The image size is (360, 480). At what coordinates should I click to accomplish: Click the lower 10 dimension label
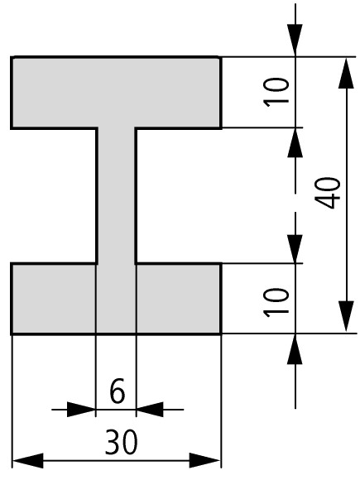(x=276, y=302)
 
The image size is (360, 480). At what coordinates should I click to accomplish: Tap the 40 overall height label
(x=328, y=193)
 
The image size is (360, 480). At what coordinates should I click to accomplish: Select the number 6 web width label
(x=118, y=391)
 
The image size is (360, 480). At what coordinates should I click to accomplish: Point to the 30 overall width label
(x=121, y=442)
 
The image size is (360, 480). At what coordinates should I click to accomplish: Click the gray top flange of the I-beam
(x=116, y=93)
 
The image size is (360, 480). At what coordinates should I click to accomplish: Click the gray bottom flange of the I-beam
(x=116, y=299)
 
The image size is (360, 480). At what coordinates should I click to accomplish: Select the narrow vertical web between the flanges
(x=117, y=195)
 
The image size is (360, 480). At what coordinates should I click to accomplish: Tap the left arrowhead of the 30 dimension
(x=28, y=460)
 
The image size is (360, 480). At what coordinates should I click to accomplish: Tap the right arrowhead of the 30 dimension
(x=204, y=460)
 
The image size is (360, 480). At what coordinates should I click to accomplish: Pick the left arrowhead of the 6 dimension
(x=81, y=410)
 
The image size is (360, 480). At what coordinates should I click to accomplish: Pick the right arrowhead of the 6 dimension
(x=150, y=410)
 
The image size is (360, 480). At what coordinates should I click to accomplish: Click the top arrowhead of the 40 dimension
(x=346, y=73)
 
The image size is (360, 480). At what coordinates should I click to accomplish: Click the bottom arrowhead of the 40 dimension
(x=346, y=316)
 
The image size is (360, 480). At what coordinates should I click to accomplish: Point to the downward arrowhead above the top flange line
(x=295, y=41)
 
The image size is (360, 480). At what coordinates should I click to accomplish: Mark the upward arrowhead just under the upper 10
(x=295, y=142)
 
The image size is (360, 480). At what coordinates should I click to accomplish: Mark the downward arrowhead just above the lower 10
(x=295, y=248)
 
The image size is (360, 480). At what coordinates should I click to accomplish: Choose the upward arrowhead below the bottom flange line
(x=295, y=349)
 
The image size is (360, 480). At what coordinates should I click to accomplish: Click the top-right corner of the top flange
(x=221, y=57)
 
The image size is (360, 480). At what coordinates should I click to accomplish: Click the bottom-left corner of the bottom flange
(x=12, y=334)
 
